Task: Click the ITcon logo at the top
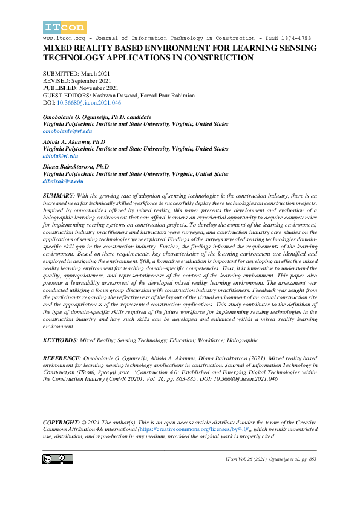coord(65,27)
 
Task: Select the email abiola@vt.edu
coord(61,156)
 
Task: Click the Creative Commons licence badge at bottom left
coord(54,459)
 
